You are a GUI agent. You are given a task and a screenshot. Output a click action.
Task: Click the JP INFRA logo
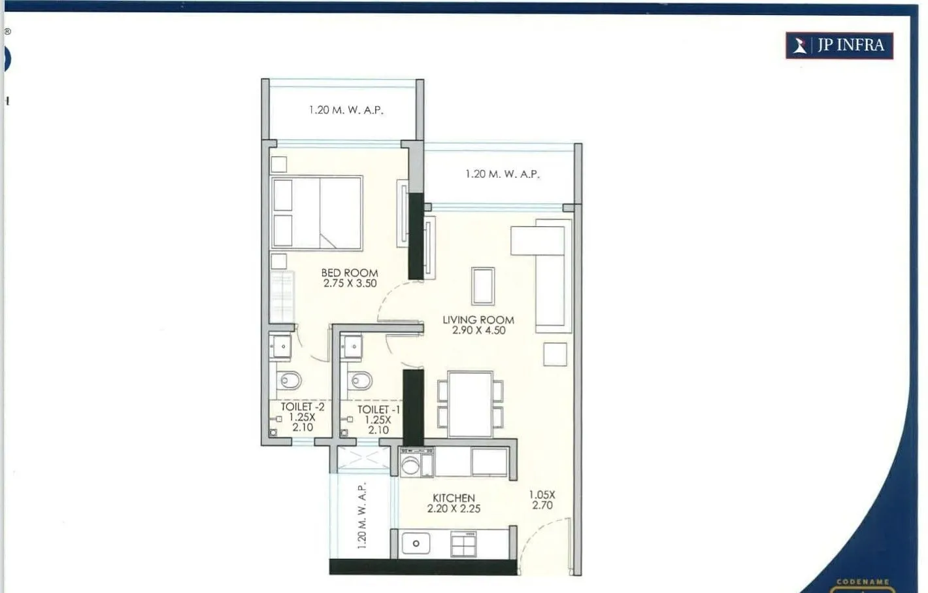[839, 45]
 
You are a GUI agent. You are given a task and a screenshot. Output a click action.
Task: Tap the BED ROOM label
[349, 273]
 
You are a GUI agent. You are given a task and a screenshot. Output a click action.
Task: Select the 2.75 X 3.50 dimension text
[350, 284]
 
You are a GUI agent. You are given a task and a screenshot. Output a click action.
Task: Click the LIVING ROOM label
[478, 320]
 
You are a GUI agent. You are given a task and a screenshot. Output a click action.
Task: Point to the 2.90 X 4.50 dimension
[478, 331]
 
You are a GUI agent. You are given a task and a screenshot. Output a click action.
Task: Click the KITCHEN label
[454, 498]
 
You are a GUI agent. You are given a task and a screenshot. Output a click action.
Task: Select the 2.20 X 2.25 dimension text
[454, 509]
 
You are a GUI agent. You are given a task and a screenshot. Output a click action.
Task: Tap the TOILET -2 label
[302, 407]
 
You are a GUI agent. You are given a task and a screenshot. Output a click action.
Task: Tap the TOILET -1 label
[378, 410]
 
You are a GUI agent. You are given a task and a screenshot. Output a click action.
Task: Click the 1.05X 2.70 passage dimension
[542, 500]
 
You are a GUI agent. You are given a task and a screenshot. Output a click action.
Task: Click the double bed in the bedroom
[317, 212]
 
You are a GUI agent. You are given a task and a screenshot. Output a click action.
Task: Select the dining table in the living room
[470, 404]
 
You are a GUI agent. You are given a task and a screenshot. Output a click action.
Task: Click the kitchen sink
[416, 543]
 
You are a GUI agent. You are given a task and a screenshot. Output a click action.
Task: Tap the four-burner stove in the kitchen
[463, 544]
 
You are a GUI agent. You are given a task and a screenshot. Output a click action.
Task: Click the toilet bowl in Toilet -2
[290, 380]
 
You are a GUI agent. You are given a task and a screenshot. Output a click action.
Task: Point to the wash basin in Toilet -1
[352, 347]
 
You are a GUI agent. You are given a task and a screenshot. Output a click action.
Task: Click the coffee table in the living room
[483, 286]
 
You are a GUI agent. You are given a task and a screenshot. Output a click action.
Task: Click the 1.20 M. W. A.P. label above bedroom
[346, 110]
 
